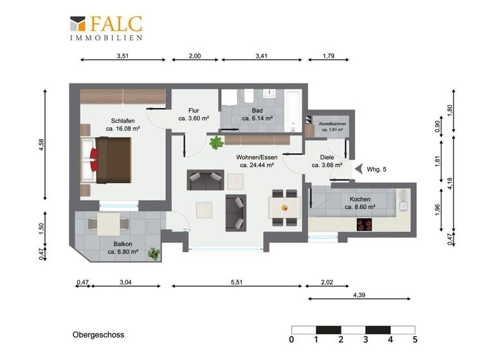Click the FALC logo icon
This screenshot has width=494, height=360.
pyautogui.click(x=77, y=24)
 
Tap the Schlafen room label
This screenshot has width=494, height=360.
pyautogui.click(x=123, y=121)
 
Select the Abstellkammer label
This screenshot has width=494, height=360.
pyautogui.click(x=328, y=123)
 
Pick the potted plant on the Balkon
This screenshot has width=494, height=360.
pyautogui.click(x=154, y=253)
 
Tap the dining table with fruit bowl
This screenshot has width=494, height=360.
pyautogui.click(x=284, y=207)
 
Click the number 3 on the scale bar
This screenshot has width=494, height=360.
pyautogui.click(x=366, y=339)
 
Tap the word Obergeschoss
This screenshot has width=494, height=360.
pyautogui.click(x=98, y=335)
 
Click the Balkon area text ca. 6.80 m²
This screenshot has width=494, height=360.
pyautogui.click(x=122, y=252)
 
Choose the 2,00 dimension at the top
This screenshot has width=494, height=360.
pyautogui.click(x=194, y=57)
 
